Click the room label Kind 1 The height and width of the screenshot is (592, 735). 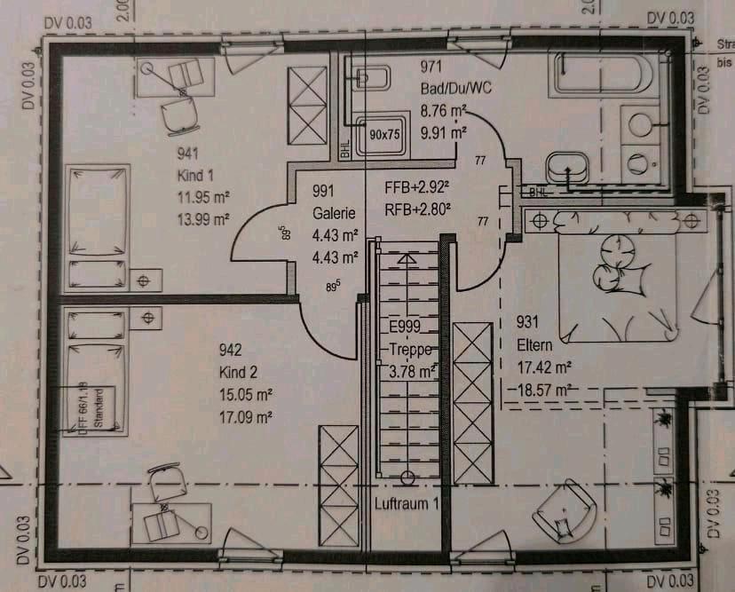[x=195, y=175]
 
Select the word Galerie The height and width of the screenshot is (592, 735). [x=334, y=213]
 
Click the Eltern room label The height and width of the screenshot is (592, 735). [x=534, y=344]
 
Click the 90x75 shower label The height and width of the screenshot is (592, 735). [x=383, y=134]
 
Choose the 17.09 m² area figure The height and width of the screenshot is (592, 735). [x=245, y=414]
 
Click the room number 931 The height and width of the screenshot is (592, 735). [x=527, y=323]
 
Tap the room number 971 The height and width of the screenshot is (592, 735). [x=431, y=67]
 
